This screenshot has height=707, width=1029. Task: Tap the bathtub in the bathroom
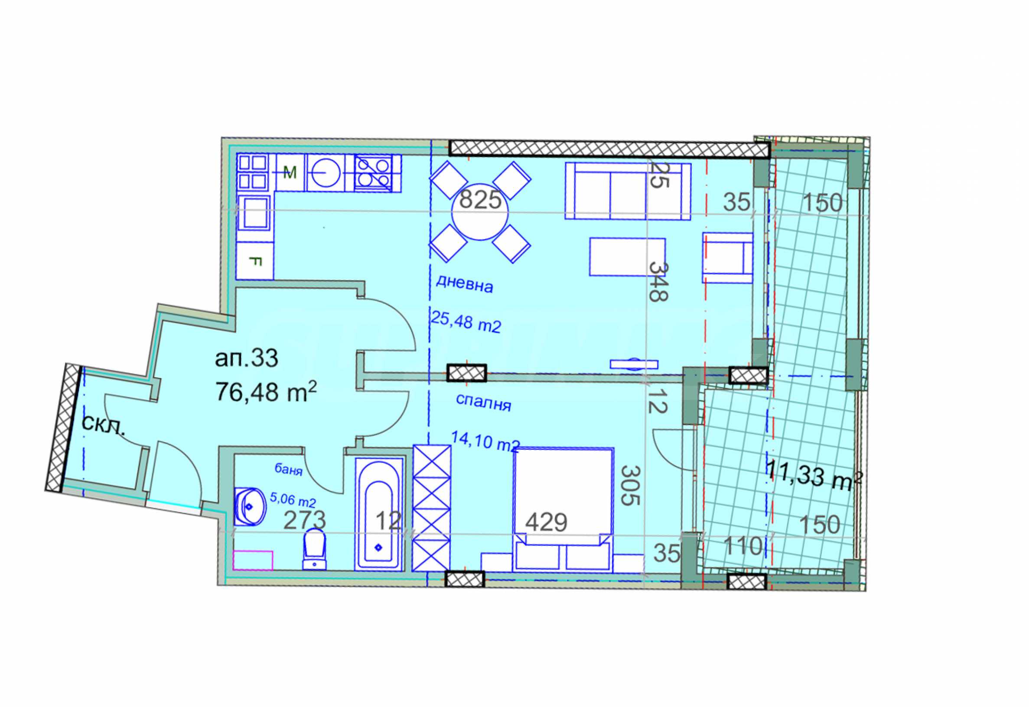tap(379, 514)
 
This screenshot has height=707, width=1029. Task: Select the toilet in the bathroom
tap(314, 549)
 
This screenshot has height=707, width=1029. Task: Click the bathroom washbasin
tap(251, 506)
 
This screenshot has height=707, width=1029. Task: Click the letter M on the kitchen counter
tap(290, 173)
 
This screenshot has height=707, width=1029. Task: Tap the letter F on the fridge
tap(256, 262)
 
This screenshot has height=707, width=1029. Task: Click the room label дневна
tap(464, 284)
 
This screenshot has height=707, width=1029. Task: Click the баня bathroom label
tap(289, 470)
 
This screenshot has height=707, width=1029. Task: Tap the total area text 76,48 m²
tap(266, 392)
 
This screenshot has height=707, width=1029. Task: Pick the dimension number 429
tap(546, 523)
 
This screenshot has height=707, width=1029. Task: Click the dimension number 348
tap(658, 282)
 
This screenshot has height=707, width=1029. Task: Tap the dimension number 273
tap(305, 521)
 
